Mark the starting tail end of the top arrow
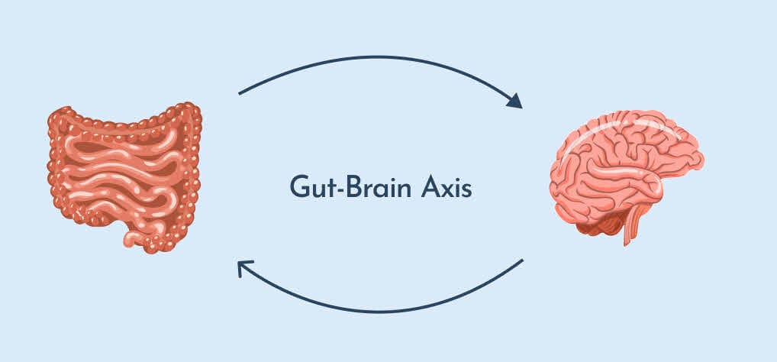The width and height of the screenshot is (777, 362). pos(239,93)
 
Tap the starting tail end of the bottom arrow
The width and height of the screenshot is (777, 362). pos(523,260)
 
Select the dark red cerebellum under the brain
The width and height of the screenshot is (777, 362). pos(600,224)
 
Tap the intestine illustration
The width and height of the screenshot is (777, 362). pos(124,177)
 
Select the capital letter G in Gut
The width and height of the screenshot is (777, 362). pos(298,188)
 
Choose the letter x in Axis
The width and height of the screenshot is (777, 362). pos(449,190)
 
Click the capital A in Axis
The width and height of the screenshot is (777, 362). pos(431,188)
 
